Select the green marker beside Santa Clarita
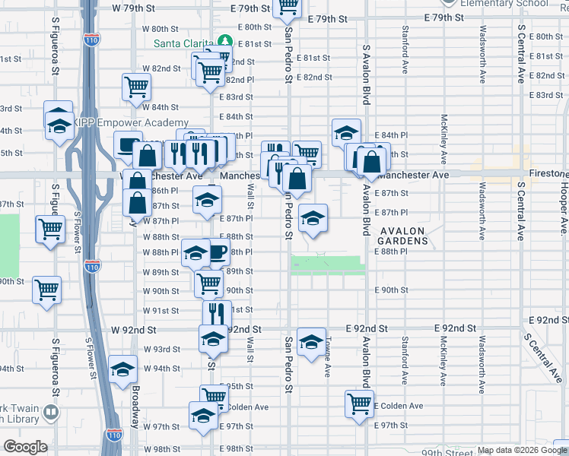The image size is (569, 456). point(225,41)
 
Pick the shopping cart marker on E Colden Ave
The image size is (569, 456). point(359,404)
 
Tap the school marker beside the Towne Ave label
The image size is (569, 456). point(311,343)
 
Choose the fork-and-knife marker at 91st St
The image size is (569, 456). point(217,313)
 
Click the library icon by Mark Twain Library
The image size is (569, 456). point(51,413)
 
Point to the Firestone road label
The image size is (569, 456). point(541,175)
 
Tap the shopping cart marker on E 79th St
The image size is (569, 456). point(288,7)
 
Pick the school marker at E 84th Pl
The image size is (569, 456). point(346,132)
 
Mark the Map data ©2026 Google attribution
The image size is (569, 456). point(522,451)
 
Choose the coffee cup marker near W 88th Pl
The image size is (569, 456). point(217,253)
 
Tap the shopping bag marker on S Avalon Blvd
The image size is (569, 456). point(371,161)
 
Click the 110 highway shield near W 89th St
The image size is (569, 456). point(92,267)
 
